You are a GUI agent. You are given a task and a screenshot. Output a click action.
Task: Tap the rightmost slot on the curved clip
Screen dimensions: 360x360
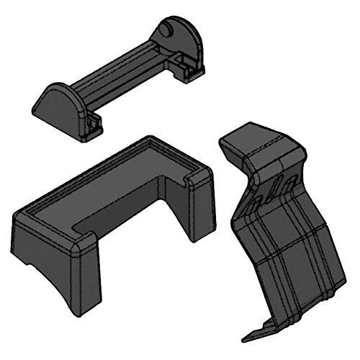pos(289,184)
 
